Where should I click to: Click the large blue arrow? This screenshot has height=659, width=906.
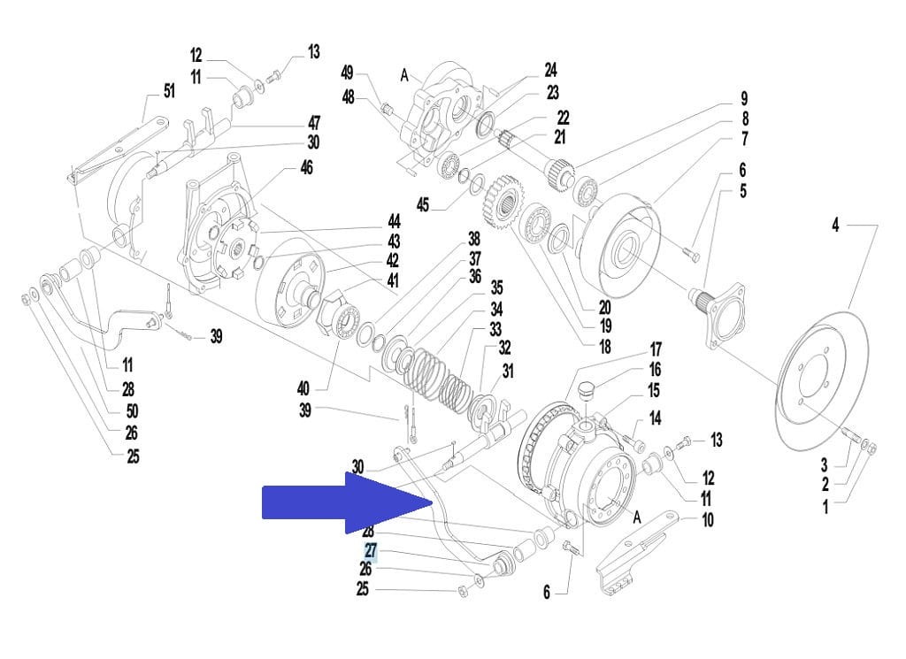tap(345, 502)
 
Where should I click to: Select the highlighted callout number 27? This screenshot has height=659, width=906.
tap(370, 551)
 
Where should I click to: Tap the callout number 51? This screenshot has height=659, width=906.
tap(168, 90)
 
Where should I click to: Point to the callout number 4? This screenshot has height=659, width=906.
tap(835, 226)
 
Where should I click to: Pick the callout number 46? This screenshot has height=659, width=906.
tap(306, 167)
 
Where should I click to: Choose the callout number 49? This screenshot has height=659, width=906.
tap(348, 73)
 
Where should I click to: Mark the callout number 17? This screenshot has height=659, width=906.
tap(655, 349)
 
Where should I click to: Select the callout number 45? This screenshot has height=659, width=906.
tap(423, 205)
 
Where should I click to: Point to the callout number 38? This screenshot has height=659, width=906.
tap(474, 239)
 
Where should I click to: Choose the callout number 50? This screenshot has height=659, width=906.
tap(132, 410)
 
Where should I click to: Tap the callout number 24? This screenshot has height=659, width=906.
tap(550, 70)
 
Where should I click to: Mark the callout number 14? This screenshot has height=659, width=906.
tap(655, 418)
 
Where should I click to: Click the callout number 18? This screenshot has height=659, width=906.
tap(604, 347)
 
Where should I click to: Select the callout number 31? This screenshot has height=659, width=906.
tap(507, 372)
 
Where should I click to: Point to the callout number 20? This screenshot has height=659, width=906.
tap(604, 308)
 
